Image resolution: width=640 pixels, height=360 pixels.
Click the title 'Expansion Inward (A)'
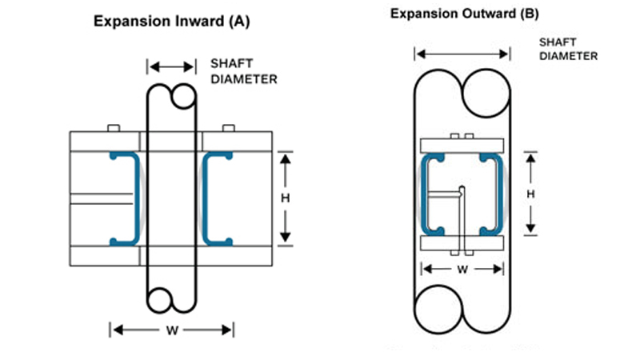(x=171, y=22)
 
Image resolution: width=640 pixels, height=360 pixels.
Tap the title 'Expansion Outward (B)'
(x=453, y=14)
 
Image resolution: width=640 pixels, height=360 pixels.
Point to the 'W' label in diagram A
(x=171, y=330)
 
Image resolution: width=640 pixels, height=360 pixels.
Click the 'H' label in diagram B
(x=530, y=194)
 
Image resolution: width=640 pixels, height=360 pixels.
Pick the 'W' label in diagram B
(x=462, y=270)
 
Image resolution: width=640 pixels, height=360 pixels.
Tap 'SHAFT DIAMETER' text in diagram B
(x=568, y=49)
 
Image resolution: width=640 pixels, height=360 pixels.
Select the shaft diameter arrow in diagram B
(x=462, y=54)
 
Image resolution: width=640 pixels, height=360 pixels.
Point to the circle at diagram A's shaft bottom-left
(x=160, y=301)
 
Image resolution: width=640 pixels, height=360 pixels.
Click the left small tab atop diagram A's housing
(x=114, y=128)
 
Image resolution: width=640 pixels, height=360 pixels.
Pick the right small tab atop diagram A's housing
(x=228, y=128)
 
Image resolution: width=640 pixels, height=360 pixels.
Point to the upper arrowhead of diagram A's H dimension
(x=286, y=156)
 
